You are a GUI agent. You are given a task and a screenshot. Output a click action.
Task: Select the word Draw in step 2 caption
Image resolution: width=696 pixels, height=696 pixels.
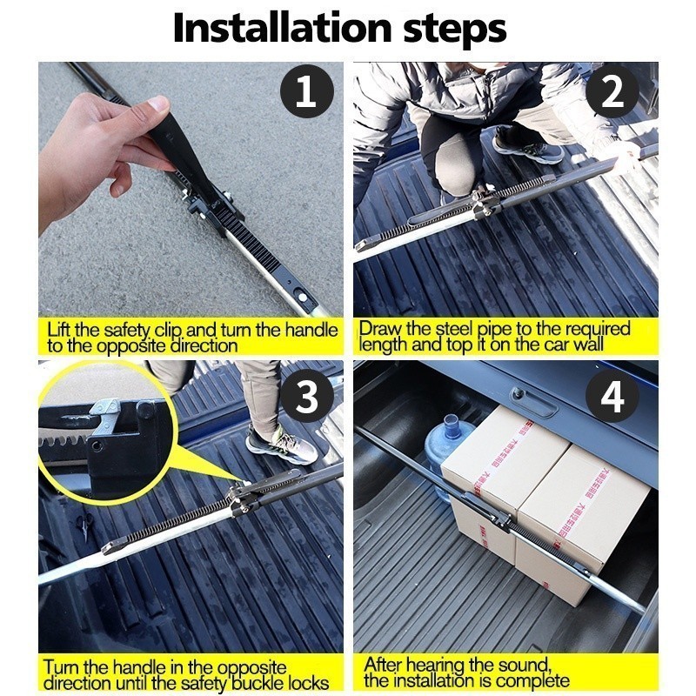[379, 330]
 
